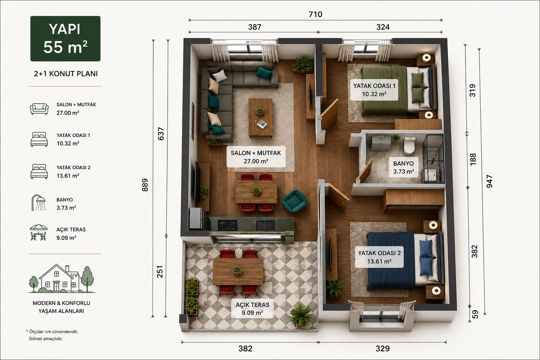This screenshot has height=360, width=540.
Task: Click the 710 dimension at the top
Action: pyautogui.click(x=315, y=14)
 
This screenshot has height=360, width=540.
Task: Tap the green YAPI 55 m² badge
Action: pyautogui.click(x=65, y=39)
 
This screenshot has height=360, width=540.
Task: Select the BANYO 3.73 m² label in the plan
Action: pyautogui.click(x=404, y=167)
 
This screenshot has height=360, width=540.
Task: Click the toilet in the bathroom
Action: pyautogui.click(x=409, y=146)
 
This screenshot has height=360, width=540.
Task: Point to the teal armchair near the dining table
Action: pyautogui.click(x=294, y=201)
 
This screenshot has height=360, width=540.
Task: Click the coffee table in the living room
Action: pyautogui.click(x=261, y=117)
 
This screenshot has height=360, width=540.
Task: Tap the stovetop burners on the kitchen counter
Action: pyautogui.click(x=227, y=225)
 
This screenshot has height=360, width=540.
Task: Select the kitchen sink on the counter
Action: pyautogui.click(x=265, y=225)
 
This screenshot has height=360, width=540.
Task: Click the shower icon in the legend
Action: pyautogui.click(x=39, y=203)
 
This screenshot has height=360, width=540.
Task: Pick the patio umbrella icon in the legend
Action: pyautogui.click(x=39, y=232)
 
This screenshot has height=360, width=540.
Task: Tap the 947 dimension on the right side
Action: pyautogui.click(x=489, y=181)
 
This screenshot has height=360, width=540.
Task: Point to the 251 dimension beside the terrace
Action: pyautogui.click(x=160, y=272)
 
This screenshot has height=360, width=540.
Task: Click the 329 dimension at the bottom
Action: pyautogui.click(x=382, y=349)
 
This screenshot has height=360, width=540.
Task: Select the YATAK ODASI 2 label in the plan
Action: pyautogui.click(x=379, y=257)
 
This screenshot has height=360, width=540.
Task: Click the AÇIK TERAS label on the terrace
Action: pyautogui.click(x=252, y=309)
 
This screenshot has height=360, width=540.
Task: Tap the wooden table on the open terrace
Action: pyautogui.click(x=238, y=271)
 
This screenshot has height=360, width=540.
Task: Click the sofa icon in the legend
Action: pyautogui.click(x=39, y=109)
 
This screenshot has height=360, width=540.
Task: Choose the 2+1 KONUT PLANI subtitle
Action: pyautogui.click(x=66, y=74)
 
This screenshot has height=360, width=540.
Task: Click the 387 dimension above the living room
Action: pyautogui.click(x=255, y=27)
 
